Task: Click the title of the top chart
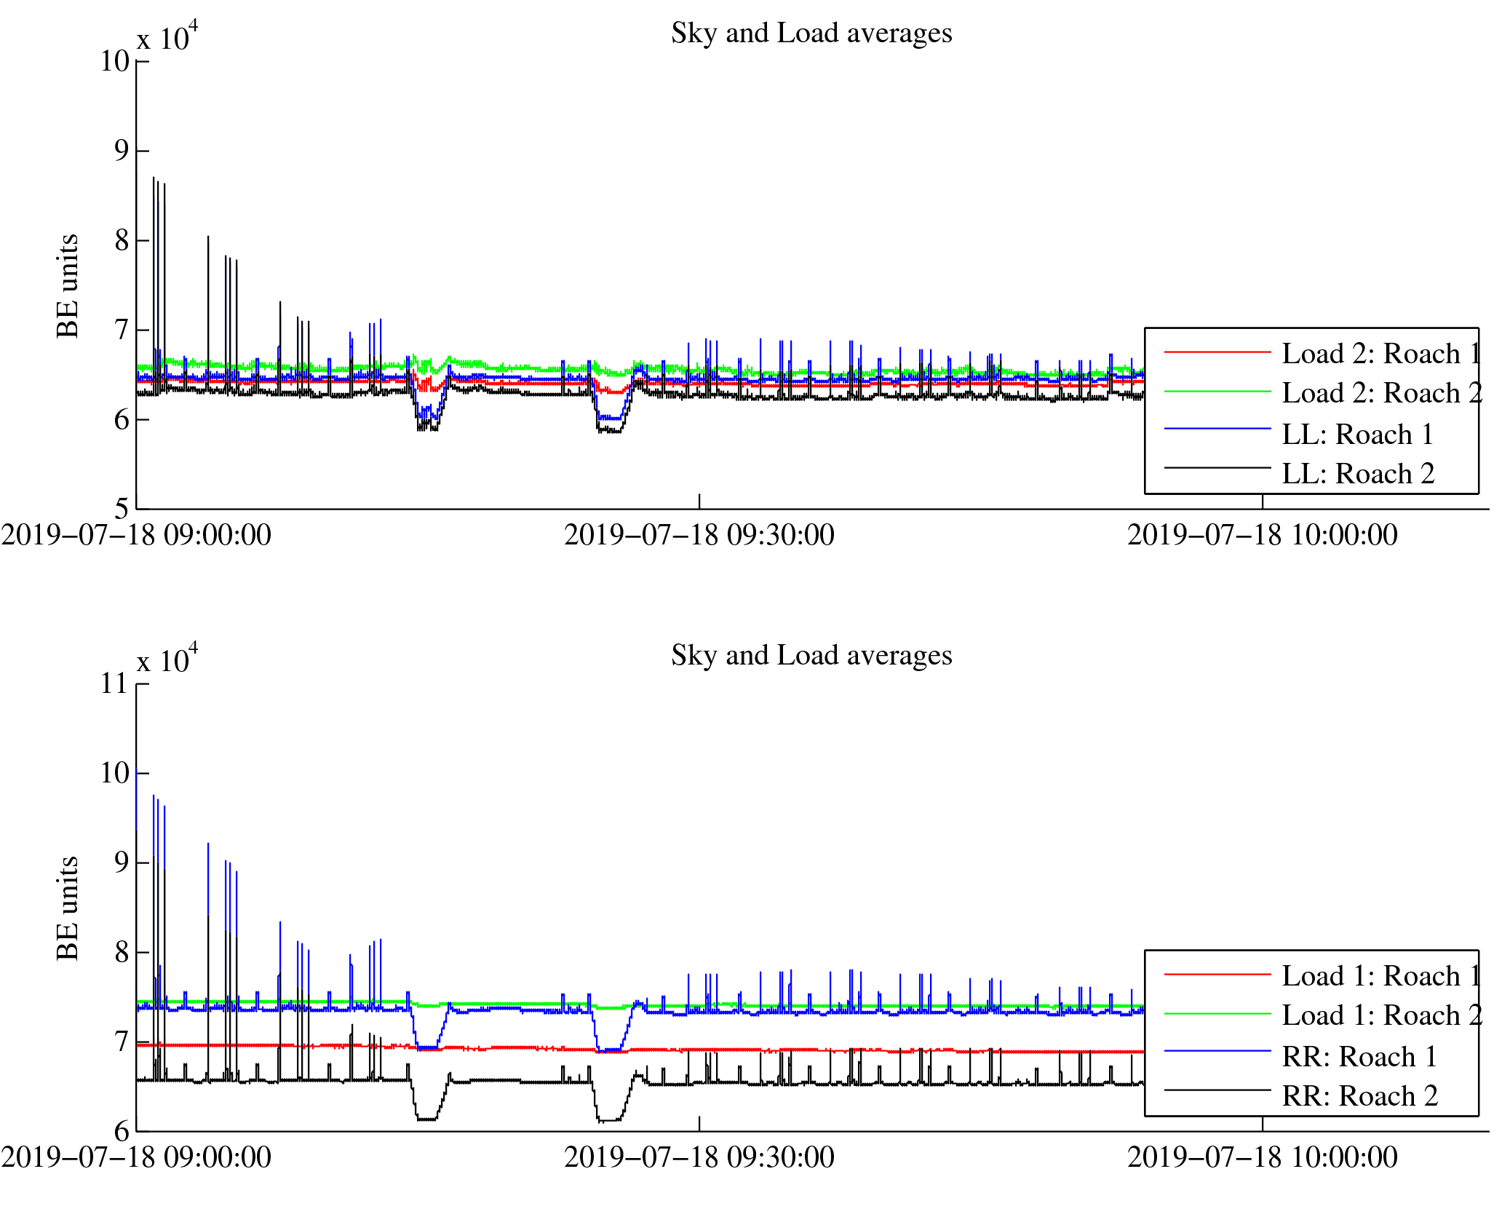click(811, 33)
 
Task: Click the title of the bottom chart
click(811, 656)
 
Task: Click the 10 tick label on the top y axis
click(115, 61)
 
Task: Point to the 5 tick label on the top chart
click(122, 508)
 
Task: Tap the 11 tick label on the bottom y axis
click(115, 683)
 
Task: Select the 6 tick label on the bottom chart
click(122, 1131)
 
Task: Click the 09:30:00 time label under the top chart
click(699, 536)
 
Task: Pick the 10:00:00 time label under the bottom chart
click(1263, 1158)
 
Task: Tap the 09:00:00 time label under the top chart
click(136, 536)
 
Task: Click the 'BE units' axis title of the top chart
click(68, 286)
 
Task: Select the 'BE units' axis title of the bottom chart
click(68, 908)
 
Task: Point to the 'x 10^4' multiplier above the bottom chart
click(167, 659)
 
